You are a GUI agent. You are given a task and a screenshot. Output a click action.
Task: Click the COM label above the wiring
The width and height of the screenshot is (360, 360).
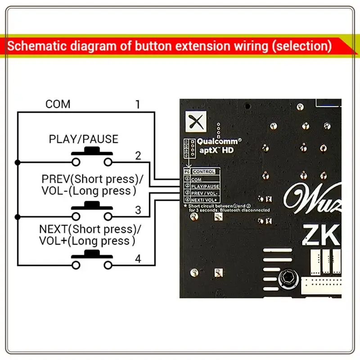pyautogui.click(x=58, y=104)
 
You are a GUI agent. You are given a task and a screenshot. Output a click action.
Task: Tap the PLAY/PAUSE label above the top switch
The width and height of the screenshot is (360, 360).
pyautogui.click(x=83, y=139)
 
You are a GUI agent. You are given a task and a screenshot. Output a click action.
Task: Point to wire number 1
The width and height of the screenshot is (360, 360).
pyautogui.click(x=138, y=105)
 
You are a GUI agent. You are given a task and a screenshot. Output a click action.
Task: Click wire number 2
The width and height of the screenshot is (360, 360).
pyautogui.click(x=138, y=156)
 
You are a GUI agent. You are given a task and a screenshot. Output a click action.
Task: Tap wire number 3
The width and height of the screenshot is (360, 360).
pyautogui.click(x=138, y=210)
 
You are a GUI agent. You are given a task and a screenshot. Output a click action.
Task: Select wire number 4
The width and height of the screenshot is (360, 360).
pyautogui.click(x=138, y=259)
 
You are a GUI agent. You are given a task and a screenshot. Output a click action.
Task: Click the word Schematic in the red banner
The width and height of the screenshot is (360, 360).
pyautogui.click(x=38, y=46)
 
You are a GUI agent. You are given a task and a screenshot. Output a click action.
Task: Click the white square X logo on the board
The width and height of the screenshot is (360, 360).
pyautogui.click(x=194, y=121)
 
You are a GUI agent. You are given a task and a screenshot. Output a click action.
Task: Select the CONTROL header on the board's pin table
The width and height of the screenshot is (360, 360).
pyautogui.click(x=203, y=171)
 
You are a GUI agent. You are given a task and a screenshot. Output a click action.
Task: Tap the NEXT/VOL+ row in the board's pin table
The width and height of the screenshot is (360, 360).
pyautogui.click(x=205, y=199)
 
